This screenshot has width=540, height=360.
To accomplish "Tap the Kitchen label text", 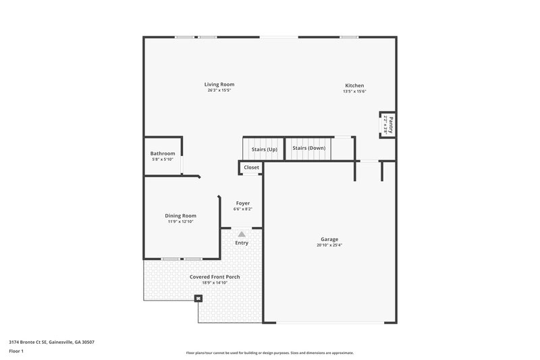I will [354, 86].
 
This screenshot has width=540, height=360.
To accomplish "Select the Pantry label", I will [390, 124].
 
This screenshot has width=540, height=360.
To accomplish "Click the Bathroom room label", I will [163, 153].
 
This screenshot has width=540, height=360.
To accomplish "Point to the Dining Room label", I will [180, 215].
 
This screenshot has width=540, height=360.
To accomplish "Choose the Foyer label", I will [242, 203].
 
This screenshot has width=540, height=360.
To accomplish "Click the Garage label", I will [329, 239].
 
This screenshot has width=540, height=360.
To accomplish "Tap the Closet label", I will [251, 167].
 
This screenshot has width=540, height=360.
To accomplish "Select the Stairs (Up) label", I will [265, 149].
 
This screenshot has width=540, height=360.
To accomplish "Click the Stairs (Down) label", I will [309, 148].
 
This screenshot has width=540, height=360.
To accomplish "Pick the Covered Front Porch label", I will [215, 277].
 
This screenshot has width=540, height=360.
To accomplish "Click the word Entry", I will [242, 243].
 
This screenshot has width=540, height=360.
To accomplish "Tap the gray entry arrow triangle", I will [242, 233].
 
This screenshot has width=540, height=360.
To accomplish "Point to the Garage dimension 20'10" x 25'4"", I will [329, 245].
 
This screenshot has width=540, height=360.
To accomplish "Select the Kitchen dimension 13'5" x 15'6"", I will [354, 92].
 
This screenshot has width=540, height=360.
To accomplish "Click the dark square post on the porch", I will [198, 298].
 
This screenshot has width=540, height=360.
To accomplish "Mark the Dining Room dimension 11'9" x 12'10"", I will [180, 222].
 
